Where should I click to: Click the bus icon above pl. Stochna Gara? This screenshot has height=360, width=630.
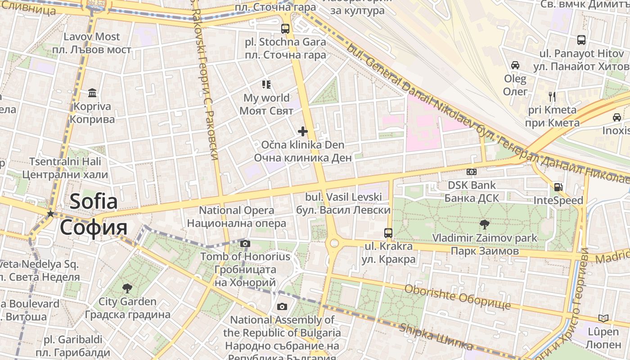(285, 29)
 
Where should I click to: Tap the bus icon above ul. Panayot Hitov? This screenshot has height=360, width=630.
(581, 40)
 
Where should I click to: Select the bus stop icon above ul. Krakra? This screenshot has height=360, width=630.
(388, 233)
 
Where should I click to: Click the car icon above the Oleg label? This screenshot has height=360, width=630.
(515, 65)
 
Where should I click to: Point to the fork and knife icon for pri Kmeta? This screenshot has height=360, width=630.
(553, 96)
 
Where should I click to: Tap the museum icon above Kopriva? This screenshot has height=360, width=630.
(92, 93)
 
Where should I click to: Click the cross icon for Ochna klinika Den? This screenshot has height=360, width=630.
(303, 131)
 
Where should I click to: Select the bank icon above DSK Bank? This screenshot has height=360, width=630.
(472, 171)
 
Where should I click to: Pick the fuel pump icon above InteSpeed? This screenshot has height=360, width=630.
(558, 187)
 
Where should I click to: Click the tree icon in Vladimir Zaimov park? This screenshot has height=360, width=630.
(484, 224)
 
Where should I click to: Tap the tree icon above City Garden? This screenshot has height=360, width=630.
(127, 288)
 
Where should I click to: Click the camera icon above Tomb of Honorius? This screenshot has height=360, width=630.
(245, 244)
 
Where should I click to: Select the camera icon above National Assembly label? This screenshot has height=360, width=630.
(282, 307)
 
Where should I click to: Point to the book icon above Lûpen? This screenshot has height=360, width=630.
(603, 319)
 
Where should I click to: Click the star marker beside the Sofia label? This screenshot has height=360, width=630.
(51, 214)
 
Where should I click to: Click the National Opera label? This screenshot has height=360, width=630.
(236, 211)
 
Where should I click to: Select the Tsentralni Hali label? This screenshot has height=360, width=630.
(65, 162)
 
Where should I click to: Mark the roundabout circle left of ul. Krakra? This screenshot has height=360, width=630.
(334, 243)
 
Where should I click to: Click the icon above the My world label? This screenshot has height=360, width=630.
(266, 85)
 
